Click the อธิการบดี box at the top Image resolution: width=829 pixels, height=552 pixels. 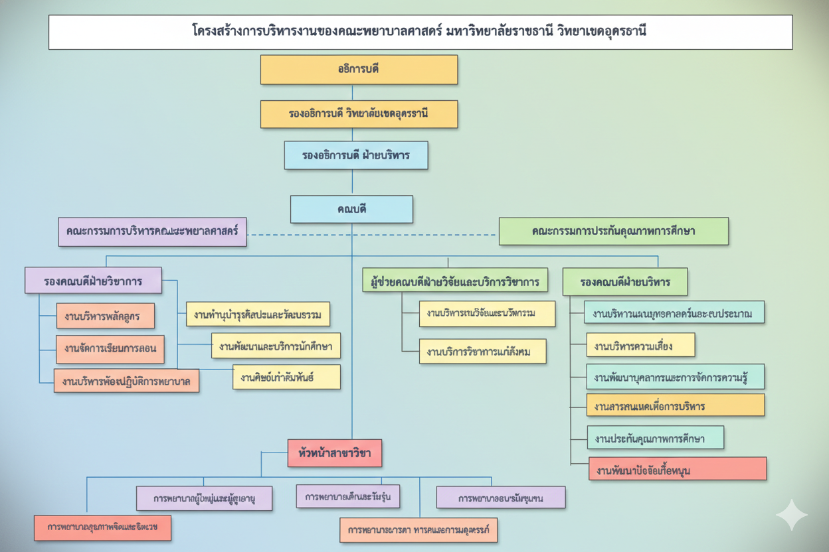pyautogui.click(x=359, y=70)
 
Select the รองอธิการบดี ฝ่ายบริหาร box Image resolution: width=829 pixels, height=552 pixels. pyautogui.click(x=356, y=156)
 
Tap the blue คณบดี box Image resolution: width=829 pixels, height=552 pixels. pyautogui.click(x=351, y=210)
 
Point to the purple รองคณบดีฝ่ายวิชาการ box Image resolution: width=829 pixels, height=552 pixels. pyautogui.click(x=93, y=281)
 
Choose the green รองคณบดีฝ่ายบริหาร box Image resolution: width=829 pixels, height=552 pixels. pyautogui.click(x=624, y=282)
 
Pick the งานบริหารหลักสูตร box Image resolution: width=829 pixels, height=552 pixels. pyautogui.click(x=105, y=316)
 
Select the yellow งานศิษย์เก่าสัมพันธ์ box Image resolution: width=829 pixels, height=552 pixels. pyautogui.click(x=286, y=377)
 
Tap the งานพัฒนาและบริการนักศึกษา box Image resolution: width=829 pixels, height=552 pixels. pyautogui.click(x=276, y=346)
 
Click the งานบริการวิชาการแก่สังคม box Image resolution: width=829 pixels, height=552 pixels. pyautogui.click(x=483, y=351)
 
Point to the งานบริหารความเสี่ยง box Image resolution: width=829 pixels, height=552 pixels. pyautogui.click(x=640, y=345)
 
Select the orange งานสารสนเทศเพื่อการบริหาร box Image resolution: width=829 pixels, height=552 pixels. pyautogui.click(x=676, y=405)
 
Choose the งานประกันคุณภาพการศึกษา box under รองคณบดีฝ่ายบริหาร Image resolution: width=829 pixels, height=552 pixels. pyautogui.click(x=656, y=438)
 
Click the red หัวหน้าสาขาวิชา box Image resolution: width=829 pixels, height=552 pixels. pyautogui.click(x=335, y=454)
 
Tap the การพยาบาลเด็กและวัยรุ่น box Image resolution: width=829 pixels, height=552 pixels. pyautogui.click(x=348, y=496)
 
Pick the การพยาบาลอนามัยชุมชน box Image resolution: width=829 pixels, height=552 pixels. pyautogui.click(x=500, y=498)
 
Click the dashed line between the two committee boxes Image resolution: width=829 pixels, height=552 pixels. pyautogui.click(x=372, y=234)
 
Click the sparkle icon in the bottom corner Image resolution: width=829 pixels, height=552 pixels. pyautogui.click(x=791, y=516)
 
